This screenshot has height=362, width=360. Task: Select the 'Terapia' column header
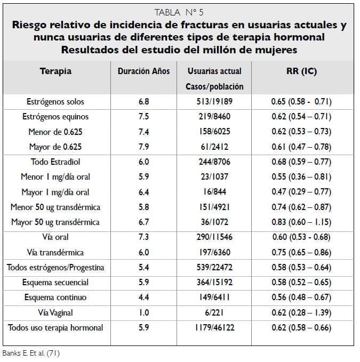(55, 71)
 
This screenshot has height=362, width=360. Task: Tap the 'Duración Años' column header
(143, 71)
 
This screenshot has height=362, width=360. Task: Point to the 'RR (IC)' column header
(301, 71)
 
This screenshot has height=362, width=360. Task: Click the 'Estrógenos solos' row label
(55, 102)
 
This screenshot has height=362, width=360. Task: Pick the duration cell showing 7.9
(143, 147)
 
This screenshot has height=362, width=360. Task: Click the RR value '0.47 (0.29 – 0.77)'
(301, 192)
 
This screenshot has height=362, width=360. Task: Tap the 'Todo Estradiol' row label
(55, 162)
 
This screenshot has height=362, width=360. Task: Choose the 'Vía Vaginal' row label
(55, 312)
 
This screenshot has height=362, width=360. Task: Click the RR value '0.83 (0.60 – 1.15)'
(301, 222)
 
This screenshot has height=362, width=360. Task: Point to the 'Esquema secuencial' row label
(55, 282)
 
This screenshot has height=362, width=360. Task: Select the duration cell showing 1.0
(143, 312)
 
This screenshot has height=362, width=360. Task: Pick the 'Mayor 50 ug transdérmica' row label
(55, 222)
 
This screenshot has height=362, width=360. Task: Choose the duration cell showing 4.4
(143, 297)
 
